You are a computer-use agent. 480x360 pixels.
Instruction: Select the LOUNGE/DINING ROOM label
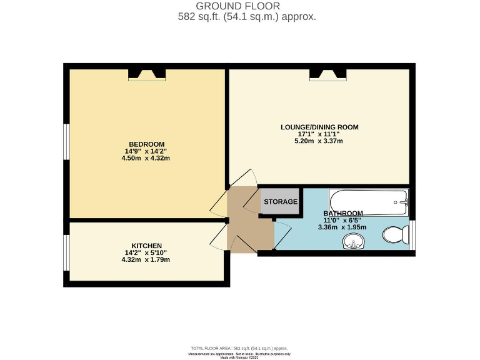(319, 127)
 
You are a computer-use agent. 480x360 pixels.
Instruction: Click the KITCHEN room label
(147, 245)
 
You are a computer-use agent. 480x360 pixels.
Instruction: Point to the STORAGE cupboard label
(280, 202)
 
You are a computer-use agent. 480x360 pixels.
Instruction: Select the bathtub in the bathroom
(369, 201)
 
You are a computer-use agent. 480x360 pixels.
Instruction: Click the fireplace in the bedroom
(147, 74)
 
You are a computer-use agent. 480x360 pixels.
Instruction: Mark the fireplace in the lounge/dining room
(328, 74)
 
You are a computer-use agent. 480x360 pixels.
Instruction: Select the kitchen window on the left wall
(66, 252)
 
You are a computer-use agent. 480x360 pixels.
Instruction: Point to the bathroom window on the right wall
(412, 234)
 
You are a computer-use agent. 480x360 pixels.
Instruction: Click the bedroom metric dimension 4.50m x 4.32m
(146, 158)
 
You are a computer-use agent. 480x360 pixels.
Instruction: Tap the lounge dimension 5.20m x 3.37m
(319, 141)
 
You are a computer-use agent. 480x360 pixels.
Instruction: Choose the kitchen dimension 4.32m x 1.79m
(147, 259)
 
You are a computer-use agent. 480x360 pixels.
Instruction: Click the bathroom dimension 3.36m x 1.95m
(342, 227)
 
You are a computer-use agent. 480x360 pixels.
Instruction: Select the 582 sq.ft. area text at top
(247, 17)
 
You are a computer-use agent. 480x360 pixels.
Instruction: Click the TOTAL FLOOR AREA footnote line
(239, 347)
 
